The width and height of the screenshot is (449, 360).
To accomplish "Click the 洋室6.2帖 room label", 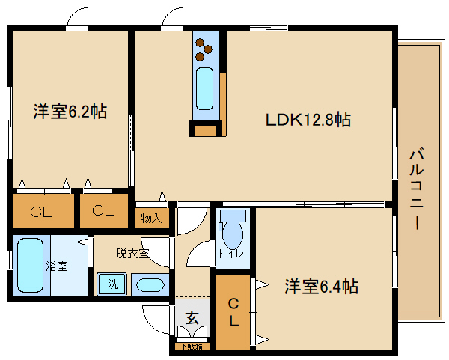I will tap(70, 112).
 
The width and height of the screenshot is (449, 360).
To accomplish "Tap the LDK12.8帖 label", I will tap(308, 119).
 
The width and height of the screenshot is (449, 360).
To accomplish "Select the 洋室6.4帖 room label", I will tap(320, 286).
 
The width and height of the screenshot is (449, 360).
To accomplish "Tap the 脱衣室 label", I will tap(132, 253).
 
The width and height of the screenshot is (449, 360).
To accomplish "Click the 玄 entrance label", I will tap(192, 318).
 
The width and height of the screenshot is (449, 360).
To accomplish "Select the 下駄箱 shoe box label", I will tap(190, 347).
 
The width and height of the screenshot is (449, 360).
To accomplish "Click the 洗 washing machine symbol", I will tap(112, 284).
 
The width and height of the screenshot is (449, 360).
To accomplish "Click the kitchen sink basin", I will tap(205, 89).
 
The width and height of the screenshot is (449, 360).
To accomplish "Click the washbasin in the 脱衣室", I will tap(151, 285).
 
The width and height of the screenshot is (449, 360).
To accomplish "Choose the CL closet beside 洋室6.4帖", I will tap(233, 313).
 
